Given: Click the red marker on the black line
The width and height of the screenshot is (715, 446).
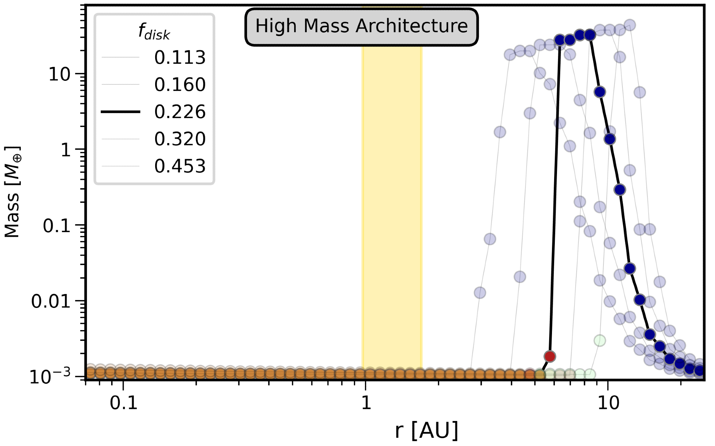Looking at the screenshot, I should [x=549, y=356].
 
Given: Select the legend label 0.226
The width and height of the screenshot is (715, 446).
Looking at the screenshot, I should [x=180, y=112].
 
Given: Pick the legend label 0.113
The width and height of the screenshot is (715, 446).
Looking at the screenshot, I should [x=180, y=58].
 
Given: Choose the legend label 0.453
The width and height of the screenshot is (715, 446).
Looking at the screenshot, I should [x=180, y=166].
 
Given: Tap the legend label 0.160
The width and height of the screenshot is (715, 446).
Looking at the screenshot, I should [x=180, y=85].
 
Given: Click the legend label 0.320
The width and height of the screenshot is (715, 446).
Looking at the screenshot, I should [x=180, y=139].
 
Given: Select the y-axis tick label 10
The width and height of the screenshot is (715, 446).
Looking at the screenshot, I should [x=59, y=75].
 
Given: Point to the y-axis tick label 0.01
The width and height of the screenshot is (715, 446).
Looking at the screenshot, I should [x=51, y=302].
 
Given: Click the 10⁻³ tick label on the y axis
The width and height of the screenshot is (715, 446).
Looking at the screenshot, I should [x=50, y=377].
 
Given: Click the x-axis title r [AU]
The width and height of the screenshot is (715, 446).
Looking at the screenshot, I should [x=426, y=430].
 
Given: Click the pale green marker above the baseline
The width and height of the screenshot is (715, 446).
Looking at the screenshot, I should [x=600, y=340].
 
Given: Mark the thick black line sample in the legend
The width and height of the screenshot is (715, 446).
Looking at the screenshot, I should [x=120, y=112].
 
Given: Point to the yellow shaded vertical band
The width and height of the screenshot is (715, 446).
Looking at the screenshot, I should [x=392, y=215].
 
